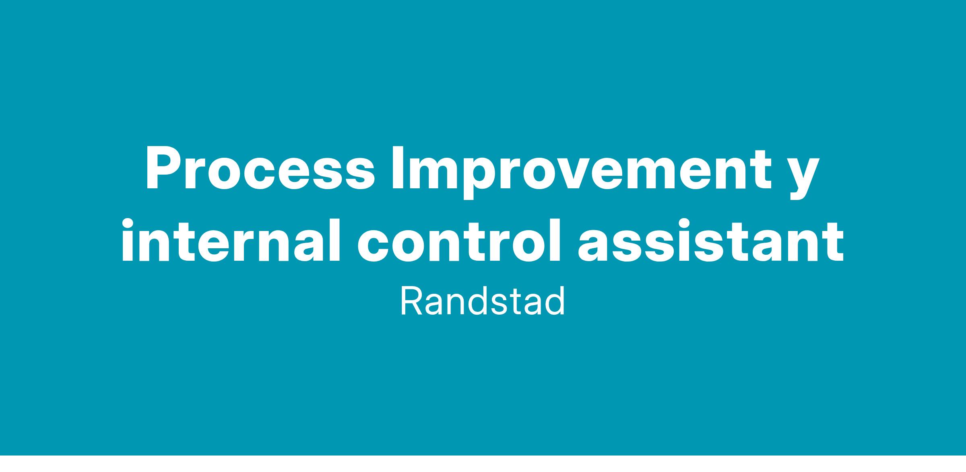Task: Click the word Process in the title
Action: click(x=260, y=169)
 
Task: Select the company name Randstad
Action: click(x=483, y=302)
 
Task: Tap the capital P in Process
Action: click(x=163, y=169)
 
